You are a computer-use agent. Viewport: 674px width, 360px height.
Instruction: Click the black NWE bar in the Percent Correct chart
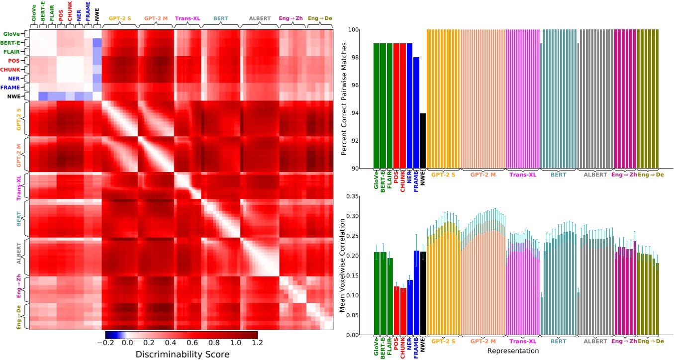(423, 141)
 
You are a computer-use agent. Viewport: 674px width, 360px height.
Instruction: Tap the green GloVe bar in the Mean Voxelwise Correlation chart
(377, 293)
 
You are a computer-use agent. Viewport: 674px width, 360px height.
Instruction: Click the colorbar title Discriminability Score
(182, 354)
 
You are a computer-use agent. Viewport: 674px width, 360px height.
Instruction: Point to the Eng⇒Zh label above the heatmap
(291, 18)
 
